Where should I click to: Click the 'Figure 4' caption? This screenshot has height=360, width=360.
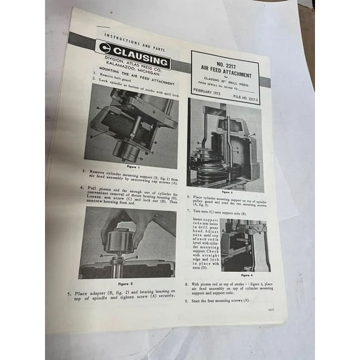click(247, 274)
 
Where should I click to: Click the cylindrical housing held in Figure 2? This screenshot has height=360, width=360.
click(119, 241)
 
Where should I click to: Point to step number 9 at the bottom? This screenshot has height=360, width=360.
click(186, 301)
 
